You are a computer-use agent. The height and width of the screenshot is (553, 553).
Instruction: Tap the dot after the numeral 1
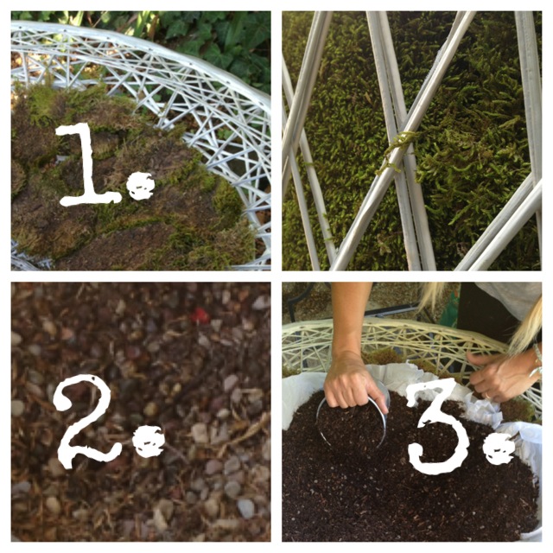point(142,187)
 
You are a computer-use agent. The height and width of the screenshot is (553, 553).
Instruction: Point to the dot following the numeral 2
point(150,441)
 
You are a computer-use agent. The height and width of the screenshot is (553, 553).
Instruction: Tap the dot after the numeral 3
point(500,449)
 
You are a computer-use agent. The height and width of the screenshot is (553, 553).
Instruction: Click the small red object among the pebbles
point(200,315)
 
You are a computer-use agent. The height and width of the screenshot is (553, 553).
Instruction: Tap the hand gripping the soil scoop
point(353,383)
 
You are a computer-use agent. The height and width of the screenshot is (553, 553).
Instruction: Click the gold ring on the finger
point(487,396)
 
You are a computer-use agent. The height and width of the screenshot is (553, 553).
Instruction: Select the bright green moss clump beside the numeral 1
point(229,201)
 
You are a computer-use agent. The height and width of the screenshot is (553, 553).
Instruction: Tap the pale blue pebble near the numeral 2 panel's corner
point(245,508)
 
